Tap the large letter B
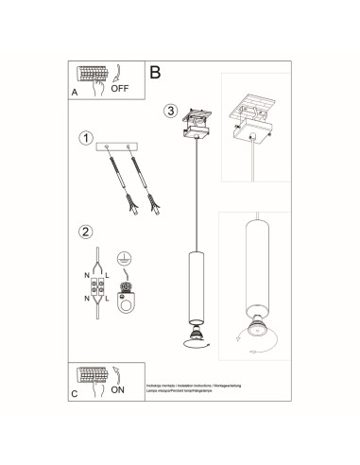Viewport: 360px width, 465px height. pyautogui.click(x=156, y=71)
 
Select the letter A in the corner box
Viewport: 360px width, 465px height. pyautogui.click(x=75, y=94)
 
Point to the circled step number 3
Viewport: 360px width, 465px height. pyautogui.click(x=170, y=110)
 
